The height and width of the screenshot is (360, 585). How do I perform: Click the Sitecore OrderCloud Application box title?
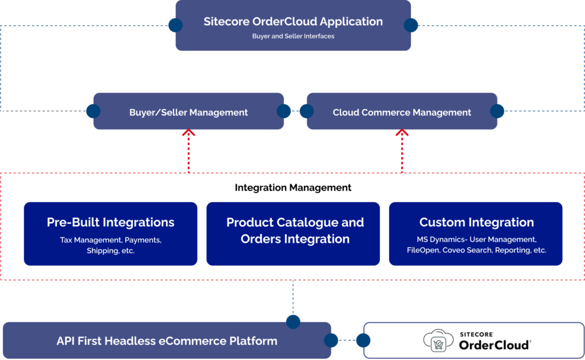[x=293, y=22]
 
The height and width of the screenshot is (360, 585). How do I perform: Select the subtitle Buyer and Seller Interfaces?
[x=293, y=36]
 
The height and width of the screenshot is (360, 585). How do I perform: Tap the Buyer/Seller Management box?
[x=189, y=112]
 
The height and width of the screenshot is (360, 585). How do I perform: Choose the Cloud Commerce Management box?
[x=402, y=112]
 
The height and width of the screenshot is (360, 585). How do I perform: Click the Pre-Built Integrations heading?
[x=110, y=222]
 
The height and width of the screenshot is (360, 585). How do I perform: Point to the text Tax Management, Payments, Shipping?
[x=110, y=245]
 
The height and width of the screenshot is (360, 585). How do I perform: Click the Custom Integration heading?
[x=476, y=222]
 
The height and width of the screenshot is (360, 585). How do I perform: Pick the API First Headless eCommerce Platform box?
[x=167, y=341]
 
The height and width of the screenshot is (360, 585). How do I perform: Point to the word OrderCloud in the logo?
[x=495, y=345]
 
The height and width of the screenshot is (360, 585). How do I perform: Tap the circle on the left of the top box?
[x=175, y=25]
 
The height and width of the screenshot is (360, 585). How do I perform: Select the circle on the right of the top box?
[x=411, y=25]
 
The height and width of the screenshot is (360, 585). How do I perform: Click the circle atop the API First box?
[x=293, y=322]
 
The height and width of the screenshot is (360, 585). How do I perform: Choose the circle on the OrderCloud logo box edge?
[x=363, y=341]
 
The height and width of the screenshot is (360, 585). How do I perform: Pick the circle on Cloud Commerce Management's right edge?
[x=498, y=111]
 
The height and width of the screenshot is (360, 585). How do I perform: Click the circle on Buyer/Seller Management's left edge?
[x=93, y=111]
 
